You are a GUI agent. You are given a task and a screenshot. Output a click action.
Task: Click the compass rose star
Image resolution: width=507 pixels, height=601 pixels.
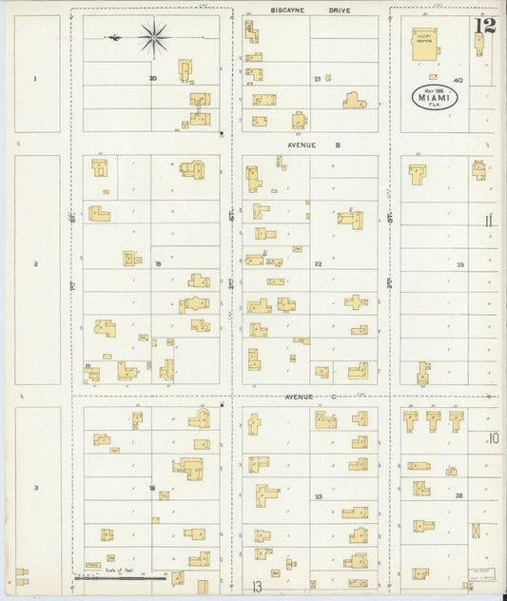[x=153, y=37]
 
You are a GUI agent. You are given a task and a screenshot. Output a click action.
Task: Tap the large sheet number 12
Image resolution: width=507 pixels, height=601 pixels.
[x=485, y=26]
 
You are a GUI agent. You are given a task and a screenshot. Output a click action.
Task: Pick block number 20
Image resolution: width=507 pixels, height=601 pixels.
[x=152, y=78]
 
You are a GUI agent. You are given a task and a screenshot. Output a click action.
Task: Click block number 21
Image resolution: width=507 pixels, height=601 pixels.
[x=317, y=79]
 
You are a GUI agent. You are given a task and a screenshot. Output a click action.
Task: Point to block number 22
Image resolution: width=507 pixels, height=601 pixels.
[x=319, y=263]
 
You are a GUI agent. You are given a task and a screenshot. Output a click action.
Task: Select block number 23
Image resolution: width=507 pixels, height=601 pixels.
[x=319, y=496]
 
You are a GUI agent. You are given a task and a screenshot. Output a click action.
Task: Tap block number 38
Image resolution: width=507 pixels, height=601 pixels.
[x=458, y=495]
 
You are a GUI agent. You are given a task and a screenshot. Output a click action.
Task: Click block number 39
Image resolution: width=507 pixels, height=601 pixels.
[x=459, y=264]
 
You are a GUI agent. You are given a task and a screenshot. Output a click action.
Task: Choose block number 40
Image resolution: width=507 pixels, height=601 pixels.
[x=458, y=81]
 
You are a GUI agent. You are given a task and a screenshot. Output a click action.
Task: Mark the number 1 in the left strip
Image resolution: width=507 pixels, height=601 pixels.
[x=35, y=78]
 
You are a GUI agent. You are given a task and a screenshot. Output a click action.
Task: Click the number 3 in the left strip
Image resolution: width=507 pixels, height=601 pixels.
[x=35, y=488]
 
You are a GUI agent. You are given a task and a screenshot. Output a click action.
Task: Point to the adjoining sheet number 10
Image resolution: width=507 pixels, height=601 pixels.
[x=492, y=438]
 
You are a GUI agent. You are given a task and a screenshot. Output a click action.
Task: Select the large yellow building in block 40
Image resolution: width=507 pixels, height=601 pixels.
[x=424, y=43]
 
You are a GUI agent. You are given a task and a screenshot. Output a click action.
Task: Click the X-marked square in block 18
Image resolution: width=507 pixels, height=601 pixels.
[x=164, y=495]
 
